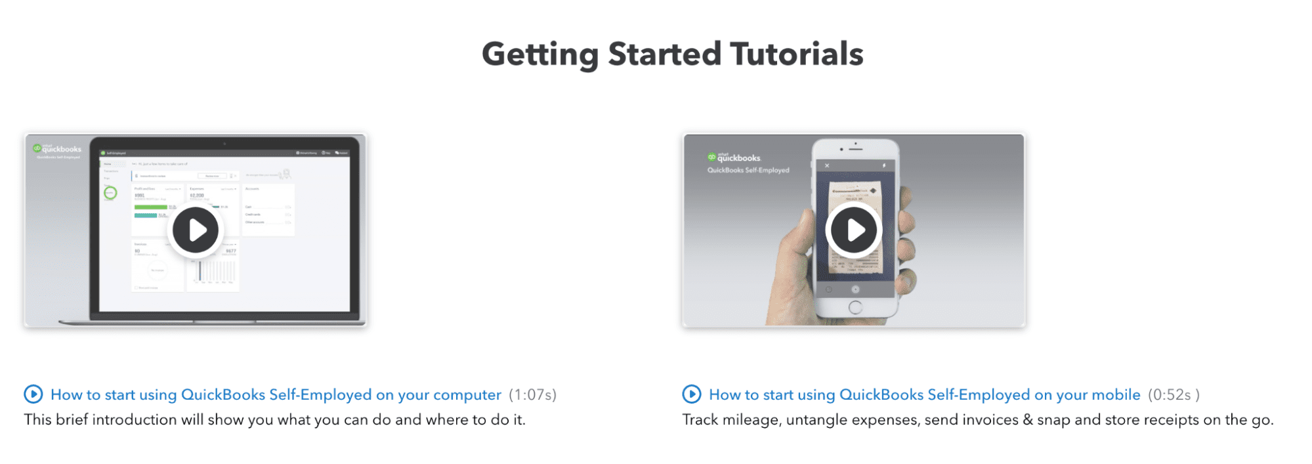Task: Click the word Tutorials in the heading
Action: tap(796, 54)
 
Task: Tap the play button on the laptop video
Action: tap(196, 230)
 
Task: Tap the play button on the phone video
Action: tap(853, 230)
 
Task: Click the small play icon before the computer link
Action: tap(33, 394)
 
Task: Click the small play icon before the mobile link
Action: tap(692, 394)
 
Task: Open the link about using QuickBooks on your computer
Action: tap(276, 394)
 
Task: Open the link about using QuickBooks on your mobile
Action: tap(924, 394)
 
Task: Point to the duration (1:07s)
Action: tap(532, 394)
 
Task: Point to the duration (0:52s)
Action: tap(1173, 394)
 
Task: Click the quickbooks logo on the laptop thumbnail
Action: tap(57, 149)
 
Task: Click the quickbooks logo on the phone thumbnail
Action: tap(734, 158)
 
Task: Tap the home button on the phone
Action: tap(855, 307)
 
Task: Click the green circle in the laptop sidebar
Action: tap(110, 192)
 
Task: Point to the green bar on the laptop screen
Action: tap(150, 207)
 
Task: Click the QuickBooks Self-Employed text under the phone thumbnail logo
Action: tap(748, 170)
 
